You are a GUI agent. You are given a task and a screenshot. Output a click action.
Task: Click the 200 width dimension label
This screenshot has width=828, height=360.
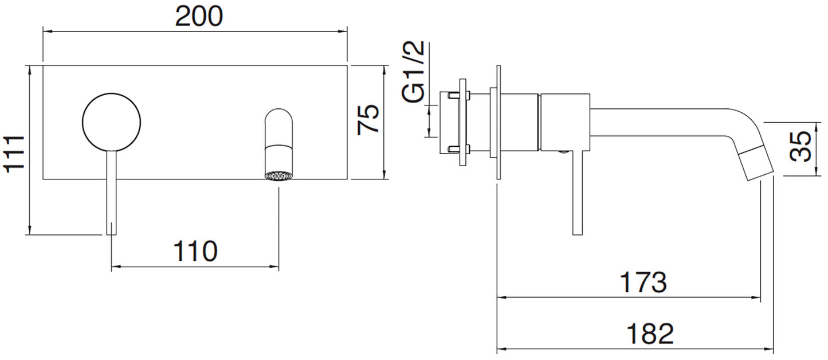[x=198, y=17]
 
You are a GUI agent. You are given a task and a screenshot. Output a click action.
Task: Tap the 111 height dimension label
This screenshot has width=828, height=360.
[x=14, y=153]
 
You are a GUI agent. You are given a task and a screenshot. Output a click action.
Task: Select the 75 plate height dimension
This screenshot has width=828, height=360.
[x=368, y=119]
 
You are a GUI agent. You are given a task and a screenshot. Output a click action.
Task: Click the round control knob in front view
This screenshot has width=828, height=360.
[x=112, y=121]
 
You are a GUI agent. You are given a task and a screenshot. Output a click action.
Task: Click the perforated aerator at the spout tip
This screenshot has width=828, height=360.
[x=278, y=175]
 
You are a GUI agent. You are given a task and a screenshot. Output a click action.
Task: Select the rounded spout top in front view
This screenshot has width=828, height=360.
[x=278, y=123]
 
